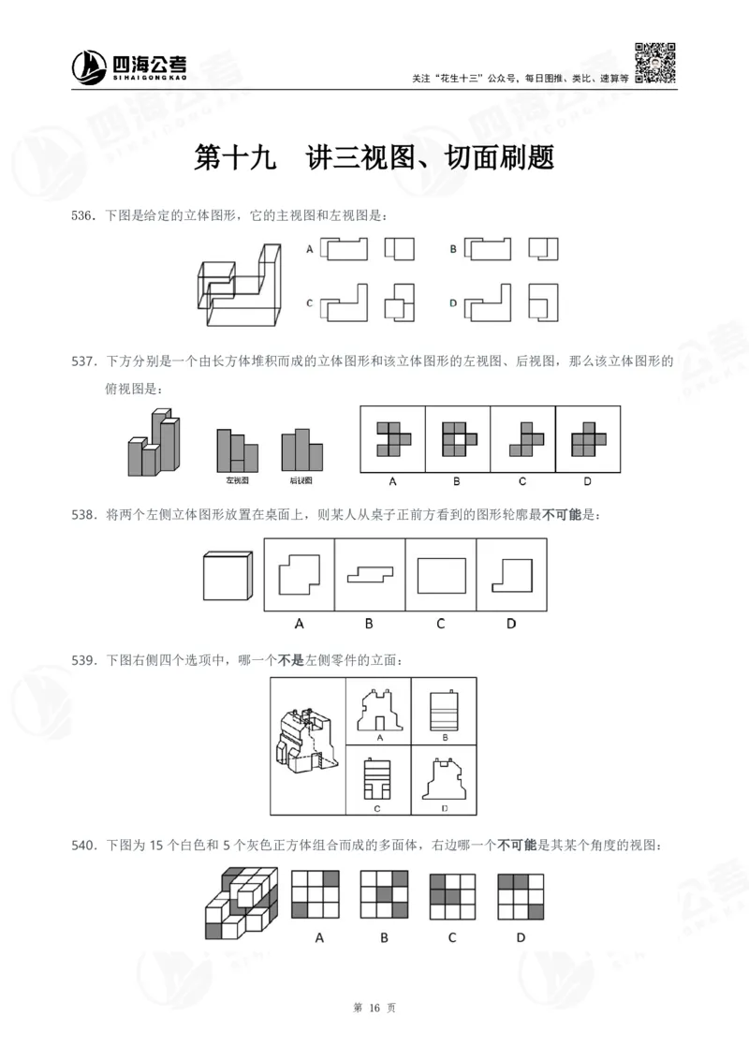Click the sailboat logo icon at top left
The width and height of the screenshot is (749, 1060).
pos(89,66)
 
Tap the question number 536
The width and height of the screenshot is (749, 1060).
pos(85,216)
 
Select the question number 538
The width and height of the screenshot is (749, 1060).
pos(85,514)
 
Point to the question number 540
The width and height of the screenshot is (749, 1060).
pos(85,846)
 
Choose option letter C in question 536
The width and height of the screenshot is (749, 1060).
pos(309,302)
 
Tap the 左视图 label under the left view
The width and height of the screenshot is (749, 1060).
pos(236,480)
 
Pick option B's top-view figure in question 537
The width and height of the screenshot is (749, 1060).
pos(457,437)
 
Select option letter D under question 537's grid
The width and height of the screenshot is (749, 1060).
pos(587,482)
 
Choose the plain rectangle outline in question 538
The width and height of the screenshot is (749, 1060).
pos(440,575)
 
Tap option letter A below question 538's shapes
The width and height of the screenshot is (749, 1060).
pos(300,623)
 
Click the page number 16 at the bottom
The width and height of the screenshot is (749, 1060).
pos(374,1008)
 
